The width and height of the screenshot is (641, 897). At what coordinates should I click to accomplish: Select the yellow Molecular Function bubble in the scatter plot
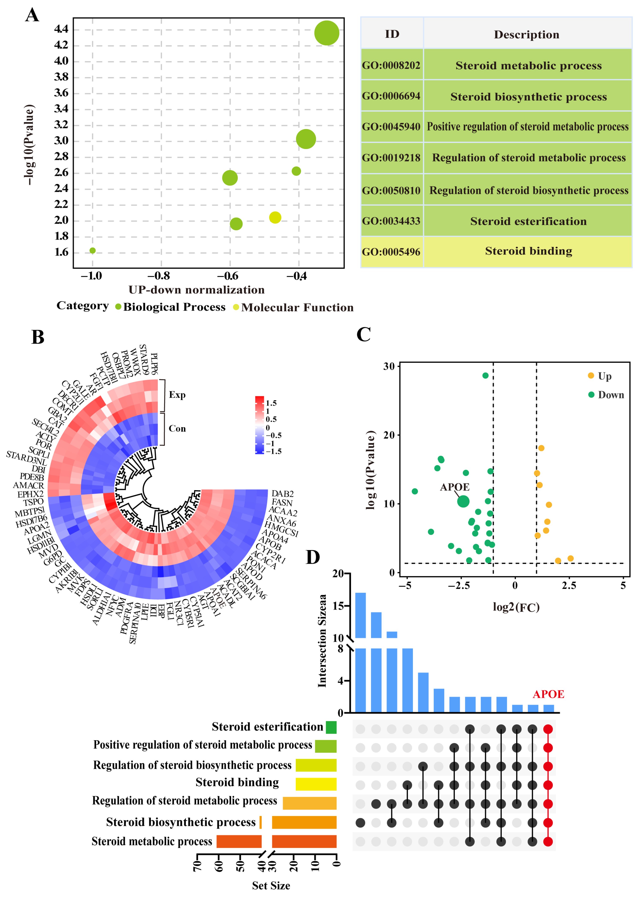click(x=275, y=217)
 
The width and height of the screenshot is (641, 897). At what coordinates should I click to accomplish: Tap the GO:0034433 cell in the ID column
click(x=391, y=221)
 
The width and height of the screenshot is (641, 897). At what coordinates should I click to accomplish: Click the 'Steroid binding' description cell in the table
click(x=528, y=251)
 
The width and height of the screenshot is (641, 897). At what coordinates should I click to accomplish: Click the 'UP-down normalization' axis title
click(x=197, y=290)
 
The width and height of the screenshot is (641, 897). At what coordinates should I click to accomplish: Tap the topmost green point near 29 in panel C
click(x=485, y=376)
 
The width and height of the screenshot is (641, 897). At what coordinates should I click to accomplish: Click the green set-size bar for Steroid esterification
click(x=331, y=727)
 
